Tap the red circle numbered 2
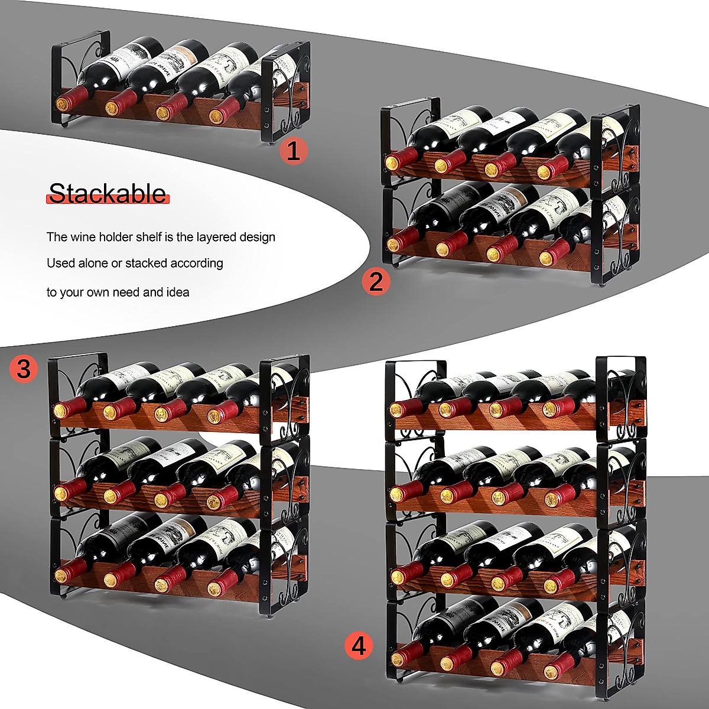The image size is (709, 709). point(376,281)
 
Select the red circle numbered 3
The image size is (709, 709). point(23,369)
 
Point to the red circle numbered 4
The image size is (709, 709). point(359,645)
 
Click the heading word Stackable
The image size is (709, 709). point(108,194)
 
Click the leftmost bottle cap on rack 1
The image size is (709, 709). point(62,105)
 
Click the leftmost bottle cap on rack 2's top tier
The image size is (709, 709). point(392,162)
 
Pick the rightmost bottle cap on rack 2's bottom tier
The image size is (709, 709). point(546,258)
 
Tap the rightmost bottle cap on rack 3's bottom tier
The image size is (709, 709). point(214,588)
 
